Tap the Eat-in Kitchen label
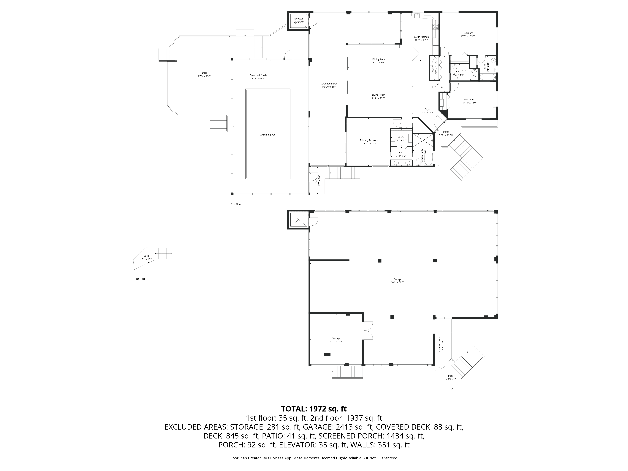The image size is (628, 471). pyautogui.click(x=421, y=37)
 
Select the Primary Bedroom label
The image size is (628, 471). pyautogui.click(x=369, y=140)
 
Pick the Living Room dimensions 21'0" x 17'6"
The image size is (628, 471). pyautogui.click(x=379, y=98)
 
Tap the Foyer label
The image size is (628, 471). pyautogui.click(x=428, y=109)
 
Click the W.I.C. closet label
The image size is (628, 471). pyautogui.click(x=401, y=137)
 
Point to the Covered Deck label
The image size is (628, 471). pyautogui.click(x=439, y=344)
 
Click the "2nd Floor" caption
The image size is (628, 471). pyautogui.click(x=236, y=204)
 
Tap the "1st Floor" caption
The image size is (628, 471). pyautogui.click(x=140, y=279)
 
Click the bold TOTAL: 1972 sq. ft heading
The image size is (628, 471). pyautogui.click(x=314, y=409)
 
